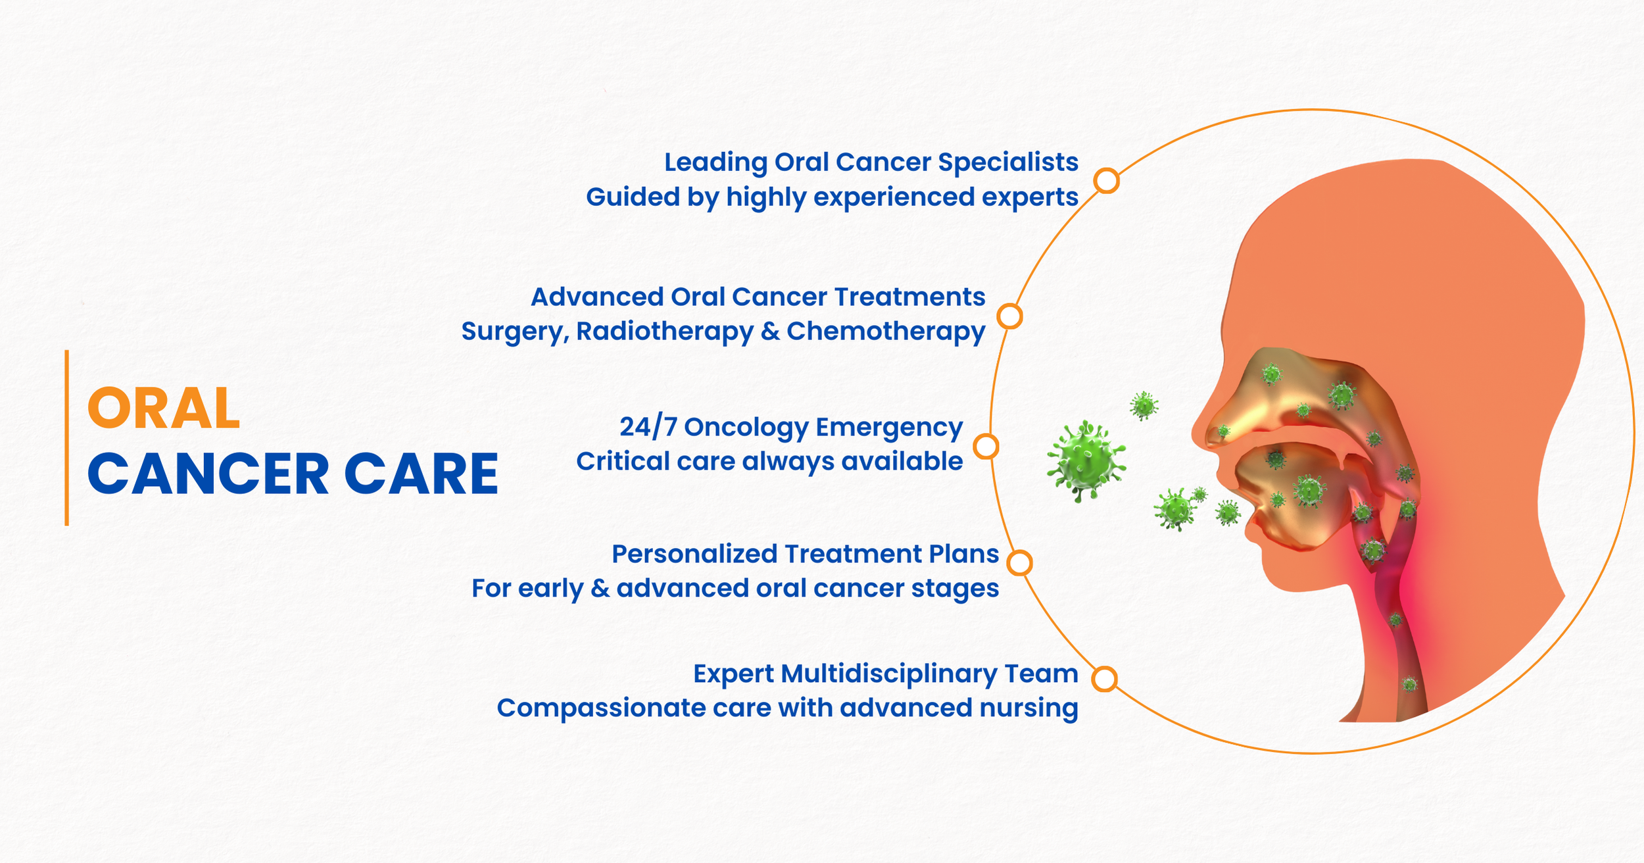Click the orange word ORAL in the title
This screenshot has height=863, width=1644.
(x=164, y=408)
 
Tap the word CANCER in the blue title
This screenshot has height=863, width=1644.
(x=208, y=474)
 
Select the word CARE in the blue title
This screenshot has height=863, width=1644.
(x=422, y=474)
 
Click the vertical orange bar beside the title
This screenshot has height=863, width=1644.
(x=66, y=437)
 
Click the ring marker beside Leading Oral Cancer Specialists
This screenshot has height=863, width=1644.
(x=1107, y=180)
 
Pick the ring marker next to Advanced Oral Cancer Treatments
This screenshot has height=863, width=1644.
(x=1009, y=316)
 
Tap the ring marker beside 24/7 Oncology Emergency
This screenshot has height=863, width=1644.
(x=986, y=447)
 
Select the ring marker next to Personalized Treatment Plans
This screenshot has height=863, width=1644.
(x=1020, y=563)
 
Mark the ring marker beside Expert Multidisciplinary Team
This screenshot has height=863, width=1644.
(x=1105, y=679)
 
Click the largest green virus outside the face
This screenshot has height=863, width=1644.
(x=1086, y=462)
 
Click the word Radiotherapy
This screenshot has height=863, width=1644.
(x=665, y=332)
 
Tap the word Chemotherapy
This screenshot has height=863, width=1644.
(x=886, y=332)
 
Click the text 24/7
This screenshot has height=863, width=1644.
(x=648, y=428)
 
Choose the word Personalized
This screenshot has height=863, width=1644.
(x=694, y=555)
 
